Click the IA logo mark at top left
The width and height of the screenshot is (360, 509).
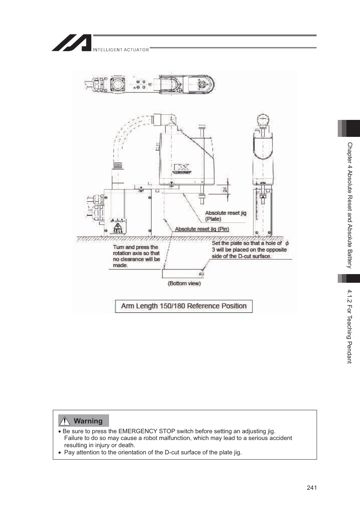click(x=72, y=43)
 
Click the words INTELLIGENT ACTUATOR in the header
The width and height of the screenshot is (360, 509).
click(x=121, y=50)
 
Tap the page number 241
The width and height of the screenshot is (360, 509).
click(x=312, y=488)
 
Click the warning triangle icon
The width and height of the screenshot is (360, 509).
click(x=65, y=421)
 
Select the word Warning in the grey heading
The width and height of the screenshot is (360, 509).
click(x=88, y=421)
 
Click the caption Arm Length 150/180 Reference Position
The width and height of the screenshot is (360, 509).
click(x=184, y=306)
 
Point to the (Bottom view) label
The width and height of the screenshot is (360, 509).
click(x=184, y=283)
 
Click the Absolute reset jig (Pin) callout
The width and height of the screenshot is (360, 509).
click(x=202, y=229)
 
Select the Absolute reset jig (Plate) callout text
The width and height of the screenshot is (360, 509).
click(x=225, y=216)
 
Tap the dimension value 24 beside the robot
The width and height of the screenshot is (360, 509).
click(x=225, y=190)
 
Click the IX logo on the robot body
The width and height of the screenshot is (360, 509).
click(x=181, y=168)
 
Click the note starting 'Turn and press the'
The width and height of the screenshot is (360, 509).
click(x=136, y=256)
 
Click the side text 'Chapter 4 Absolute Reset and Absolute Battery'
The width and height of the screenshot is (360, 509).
click(x=349, y=205)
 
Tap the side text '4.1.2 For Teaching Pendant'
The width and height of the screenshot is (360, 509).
click(x=349, y=326)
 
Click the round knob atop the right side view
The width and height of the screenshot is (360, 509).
click(x=263, y=120)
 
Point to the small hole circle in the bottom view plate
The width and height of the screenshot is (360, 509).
click(x=201, y=274)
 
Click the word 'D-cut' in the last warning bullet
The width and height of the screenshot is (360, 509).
click(x=172, y=452)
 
